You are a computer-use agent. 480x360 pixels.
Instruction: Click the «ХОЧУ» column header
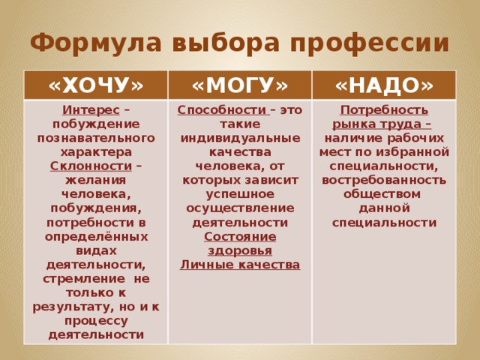[96, 85]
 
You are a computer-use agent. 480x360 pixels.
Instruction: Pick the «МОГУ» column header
[240, 85]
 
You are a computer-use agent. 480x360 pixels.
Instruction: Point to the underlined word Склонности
[81, 165]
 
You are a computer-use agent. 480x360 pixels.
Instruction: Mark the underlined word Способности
[212, 111]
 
